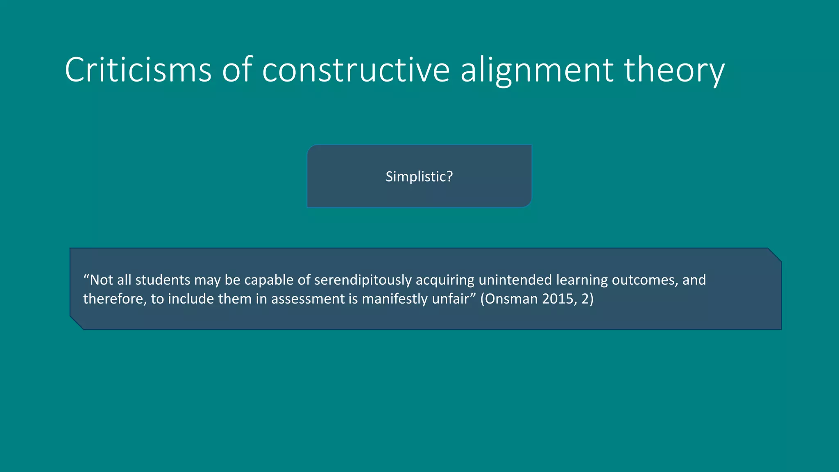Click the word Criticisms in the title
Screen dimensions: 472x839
(x=138, y=70)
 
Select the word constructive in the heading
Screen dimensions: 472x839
(x=356, y=70)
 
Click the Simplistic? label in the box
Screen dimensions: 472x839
(x=419, y=177)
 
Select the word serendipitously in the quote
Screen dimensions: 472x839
(x=363, y=280)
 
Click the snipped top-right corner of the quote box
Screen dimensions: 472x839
(x=775, y=254)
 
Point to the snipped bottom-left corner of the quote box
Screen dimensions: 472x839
(x=77, y=323)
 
